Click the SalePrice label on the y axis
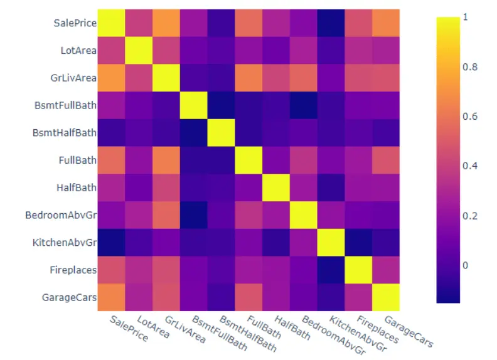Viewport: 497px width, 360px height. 75,23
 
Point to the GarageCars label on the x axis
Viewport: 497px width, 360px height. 409,331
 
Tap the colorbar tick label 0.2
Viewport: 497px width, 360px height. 468,216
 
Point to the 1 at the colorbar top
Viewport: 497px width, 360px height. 464,18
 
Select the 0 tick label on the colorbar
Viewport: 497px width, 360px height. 464,265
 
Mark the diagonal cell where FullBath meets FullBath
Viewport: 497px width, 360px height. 248,160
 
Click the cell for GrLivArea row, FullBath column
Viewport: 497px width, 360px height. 248,78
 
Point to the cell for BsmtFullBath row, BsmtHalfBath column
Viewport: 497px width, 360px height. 221,105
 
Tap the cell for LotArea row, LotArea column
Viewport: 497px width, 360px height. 139,50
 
